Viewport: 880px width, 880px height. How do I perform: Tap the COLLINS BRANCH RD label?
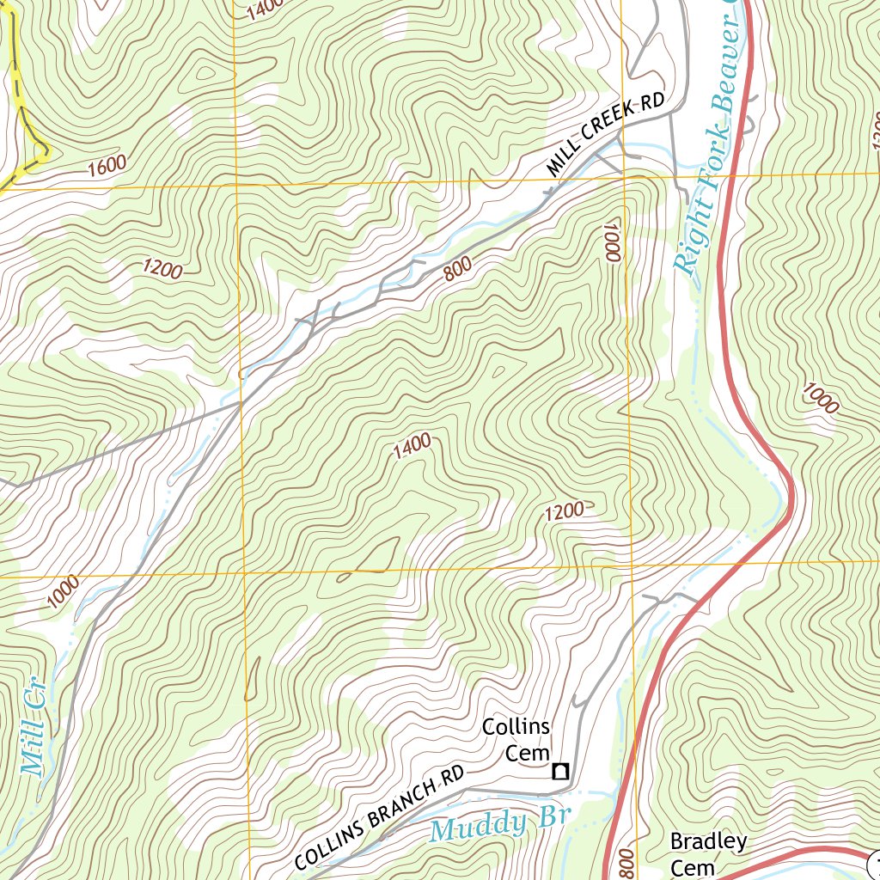(x=379, y=816)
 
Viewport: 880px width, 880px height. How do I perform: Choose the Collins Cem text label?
(x=516, y=740)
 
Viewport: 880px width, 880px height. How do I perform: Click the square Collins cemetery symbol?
(x=560, y=771)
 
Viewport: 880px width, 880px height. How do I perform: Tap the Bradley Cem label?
(x=707, y=852)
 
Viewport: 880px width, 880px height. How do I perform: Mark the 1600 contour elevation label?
(x=107, y=164)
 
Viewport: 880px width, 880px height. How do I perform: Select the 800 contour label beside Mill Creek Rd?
(x=459, y=272)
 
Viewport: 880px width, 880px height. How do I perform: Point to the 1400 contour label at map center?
(x=410, y=447)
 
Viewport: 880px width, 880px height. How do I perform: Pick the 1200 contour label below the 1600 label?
(x=162, y=270)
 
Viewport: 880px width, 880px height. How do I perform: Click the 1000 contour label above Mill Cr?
(x=64, y=592)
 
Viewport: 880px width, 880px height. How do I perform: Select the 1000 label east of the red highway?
(x=820, y=398)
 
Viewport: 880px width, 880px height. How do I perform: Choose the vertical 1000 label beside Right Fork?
(x=611, y=240)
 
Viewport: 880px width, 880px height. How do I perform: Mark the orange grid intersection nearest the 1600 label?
(x=235, y=184)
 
